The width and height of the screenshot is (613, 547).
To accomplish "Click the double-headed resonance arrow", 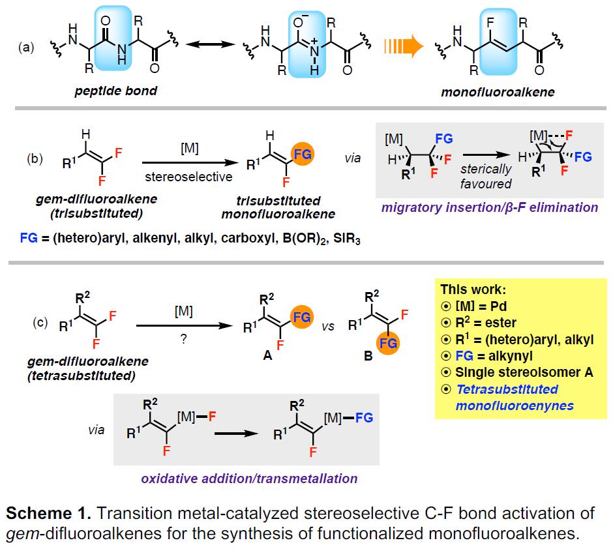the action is click(x=211, y=44).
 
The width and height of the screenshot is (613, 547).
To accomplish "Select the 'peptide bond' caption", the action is click(x=115, y=91).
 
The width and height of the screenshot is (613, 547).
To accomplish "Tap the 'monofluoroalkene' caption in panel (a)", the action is click(x=498, y=92).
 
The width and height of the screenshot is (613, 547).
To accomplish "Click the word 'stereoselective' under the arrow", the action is click(x=188, y=177).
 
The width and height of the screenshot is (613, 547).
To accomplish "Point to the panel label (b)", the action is click(x=35, y=158).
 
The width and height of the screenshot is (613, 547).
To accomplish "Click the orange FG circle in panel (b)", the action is click(x=303, y=154).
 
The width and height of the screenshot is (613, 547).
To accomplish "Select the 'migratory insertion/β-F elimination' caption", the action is click(x=490, y=207).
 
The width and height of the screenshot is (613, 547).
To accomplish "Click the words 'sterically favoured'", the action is click(x=486, y=176).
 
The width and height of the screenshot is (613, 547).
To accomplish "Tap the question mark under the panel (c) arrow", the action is click(x=184, y=339).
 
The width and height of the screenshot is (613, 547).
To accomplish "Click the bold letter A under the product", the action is click(x=267, y=355).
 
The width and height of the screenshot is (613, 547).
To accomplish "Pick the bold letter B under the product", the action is click(x=368, y=356).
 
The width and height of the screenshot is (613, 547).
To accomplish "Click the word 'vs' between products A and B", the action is click(x=328, y=326).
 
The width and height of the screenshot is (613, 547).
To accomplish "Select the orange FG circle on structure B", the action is click(x=388, y=343).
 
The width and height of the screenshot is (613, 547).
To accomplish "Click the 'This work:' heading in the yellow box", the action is click(x=473, y=289).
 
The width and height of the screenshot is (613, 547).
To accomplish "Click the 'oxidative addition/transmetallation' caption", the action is click(x=249, y=479).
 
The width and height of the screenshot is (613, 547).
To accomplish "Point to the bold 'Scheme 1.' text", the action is click(x=48, y=513).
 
